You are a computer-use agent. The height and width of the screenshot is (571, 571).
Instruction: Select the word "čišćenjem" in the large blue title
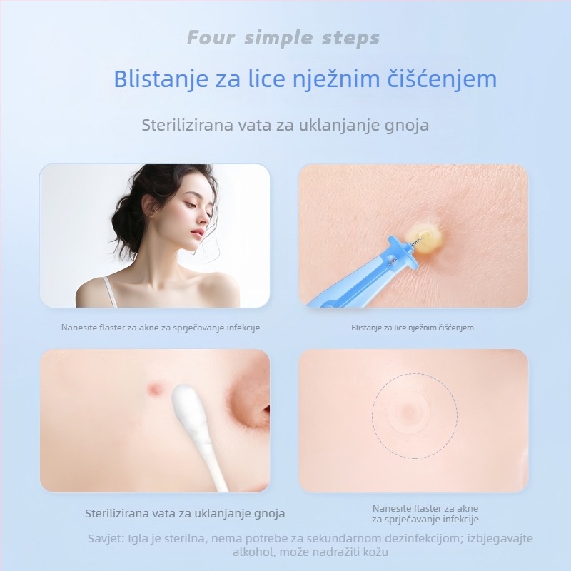point(442,79)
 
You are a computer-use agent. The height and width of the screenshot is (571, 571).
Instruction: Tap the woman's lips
point(197,233)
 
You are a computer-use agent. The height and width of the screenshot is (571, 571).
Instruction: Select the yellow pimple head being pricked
point(425,238)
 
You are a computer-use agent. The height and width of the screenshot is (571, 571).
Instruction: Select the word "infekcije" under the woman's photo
point(243,328)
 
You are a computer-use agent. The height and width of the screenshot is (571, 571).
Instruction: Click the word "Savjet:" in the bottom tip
point(106,539)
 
